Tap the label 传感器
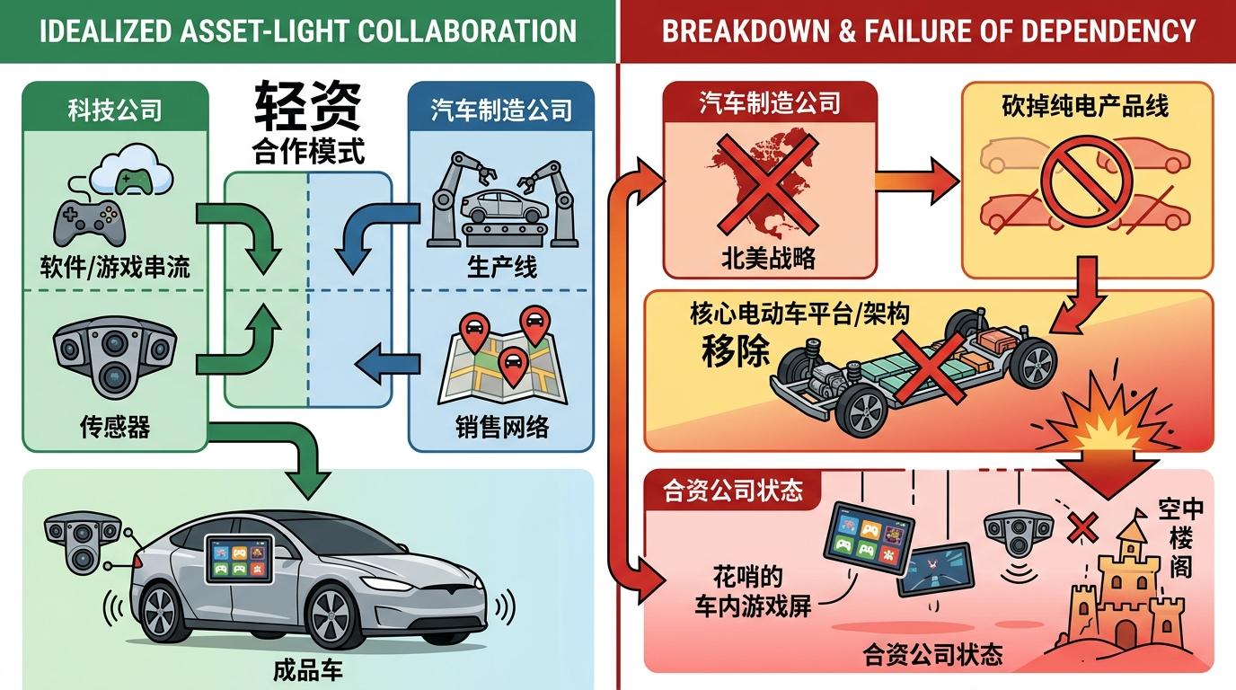[114, 426]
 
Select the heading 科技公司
[114, 111]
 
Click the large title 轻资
[308, 107]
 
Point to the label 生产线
[502, 267]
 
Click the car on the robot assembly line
[503, 207]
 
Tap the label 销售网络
[502, 426]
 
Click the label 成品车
[307, 669]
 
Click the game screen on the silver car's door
[239, 560]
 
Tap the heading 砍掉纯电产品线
[1085, 106]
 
